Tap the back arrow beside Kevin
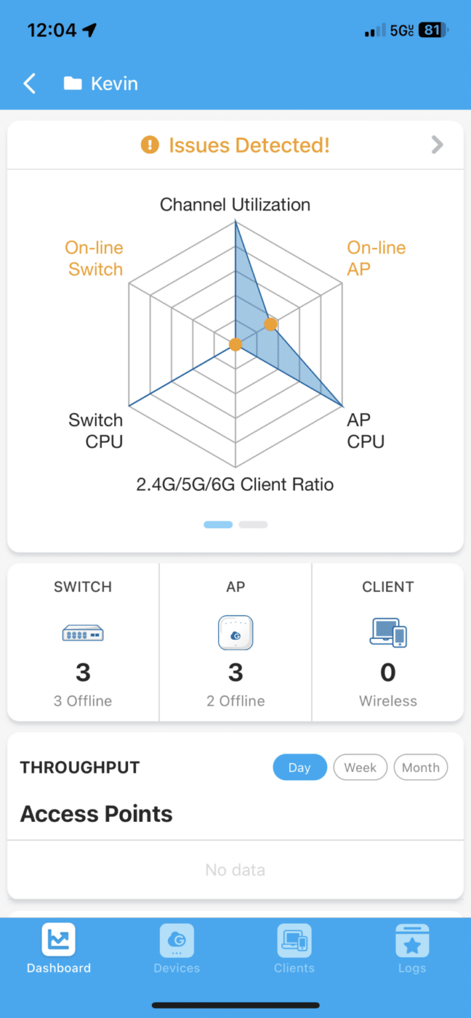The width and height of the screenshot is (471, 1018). [x=30, y=84]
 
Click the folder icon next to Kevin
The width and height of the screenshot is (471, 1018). [x=73, y=83]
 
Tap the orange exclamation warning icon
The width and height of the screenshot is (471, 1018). [x=150, y=145]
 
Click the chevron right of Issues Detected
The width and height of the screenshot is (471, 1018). [x=437, y=145]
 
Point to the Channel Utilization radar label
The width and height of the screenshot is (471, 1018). [x=235, y=205]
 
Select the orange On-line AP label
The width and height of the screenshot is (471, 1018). [x=376, y=258]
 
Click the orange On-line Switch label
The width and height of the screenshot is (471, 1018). [x=94, y=258]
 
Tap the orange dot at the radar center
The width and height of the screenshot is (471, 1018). [x=235, y=345]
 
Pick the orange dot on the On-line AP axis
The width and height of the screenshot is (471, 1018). [x=271, y=324]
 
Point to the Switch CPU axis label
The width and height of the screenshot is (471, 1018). [x=96, y=430]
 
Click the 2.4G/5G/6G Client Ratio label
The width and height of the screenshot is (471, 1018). [x=235, y=484]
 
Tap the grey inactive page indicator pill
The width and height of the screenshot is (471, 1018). [x=253, y=524]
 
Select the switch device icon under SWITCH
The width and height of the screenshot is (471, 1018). [x=83, y=633]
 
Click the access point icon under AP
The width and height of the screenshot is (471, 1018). [x=235, y=633]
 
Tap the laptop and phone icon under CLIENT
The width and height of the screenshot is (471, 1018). [x=388, y=632]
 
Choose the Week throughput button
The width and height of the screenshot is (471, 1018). [x=360, y=767]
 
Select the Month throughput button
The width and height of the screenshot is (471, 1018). [x=421, y=767]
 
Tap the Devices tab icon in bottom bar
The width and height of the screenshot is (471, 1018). [x=176, y=940]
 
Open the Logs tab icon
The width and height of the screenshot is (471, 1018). [x=413, y=940]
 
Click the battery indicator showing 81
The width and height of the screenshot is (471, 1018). [x=433, y=30]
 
